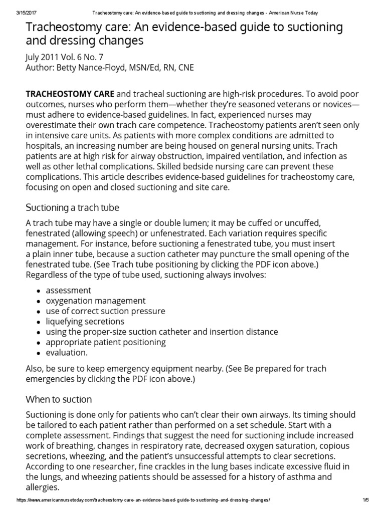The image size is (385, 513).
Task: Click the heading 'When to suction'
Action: [x=59, y=399]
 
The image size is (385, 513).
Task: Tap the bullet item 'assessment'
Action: [x=68, y=290]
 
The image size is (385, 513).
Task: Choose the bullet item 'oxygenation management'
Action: [x=96, y=301]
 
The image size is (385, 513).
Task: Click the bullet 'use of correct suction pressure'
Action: [x=105, y=311]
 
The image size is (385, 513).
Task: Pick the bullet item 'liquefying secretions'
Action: [x=85, y=321]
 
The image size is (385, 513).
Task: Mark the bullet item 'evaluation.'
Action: [x=67, y=353]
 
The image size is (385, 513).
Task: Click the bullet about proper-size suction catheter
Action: [x=161, y=332]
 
